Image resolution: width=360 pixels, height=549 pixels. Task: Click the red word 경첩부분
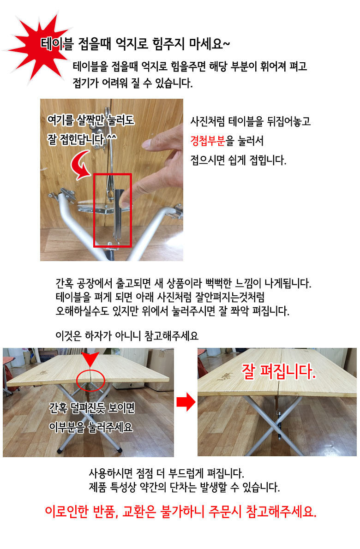coord(208,141)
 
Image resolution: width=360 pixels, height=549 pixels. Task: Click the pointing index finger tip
coord(124,201)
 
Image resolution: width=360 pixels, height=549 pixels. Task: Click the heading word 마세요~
coord(209,44)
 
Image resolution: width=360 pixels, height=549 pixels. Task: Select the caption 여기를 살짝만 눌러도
coord(91,120)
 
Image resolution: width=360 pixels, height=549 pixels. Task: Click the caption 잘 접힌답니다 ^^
coord(82,139)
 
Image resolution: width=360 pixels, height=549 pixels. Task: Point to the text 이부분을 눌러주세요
coord(91,427)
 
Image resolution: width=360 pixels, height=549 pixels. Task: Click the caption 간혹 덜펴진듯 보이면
coord(92,407)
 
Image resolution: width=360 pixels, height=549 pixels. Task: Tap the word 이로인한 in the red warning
coord(66,512)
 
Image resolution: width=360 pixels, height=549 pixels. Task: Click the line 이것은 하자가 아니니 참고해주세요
coord(127,336)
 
